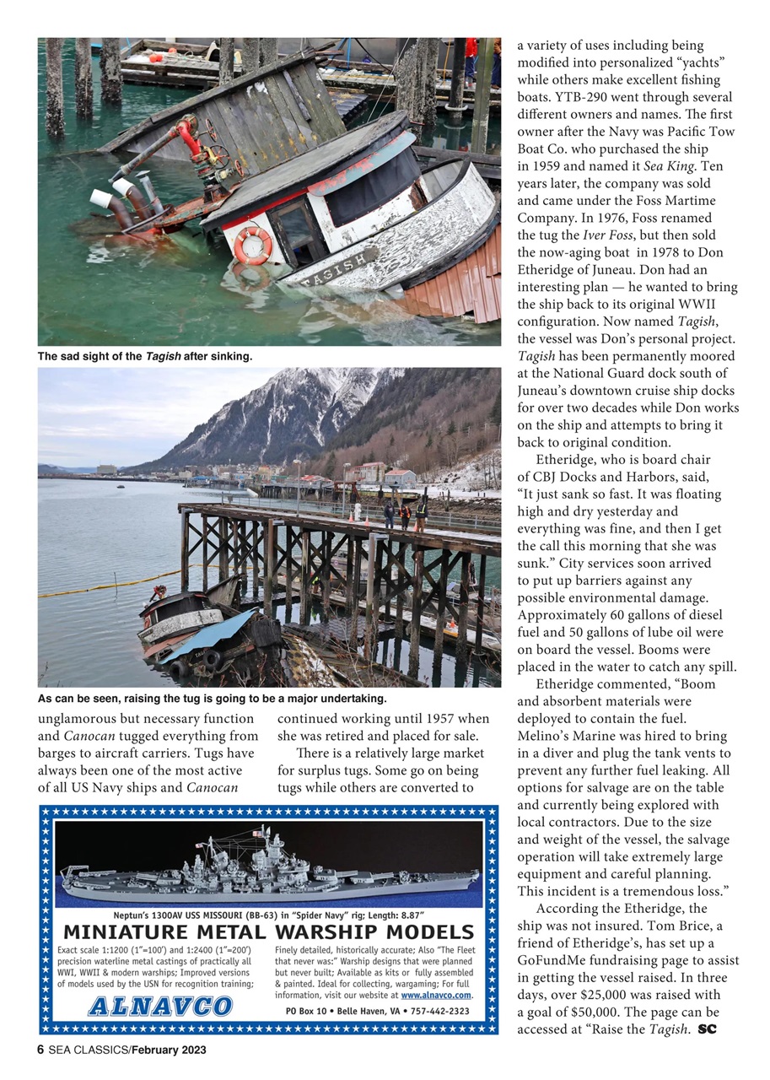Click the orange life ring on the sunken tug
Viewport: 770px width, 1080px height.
253,245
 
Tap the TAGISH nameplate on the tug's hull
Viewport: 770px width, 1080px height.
337,270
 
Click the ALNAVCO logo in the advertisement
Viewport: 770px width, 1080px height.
160,1006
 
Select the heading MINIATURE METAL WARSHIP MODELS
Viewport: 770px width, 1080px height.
268,932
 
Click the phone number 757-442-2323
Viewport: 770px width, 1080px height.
436,1011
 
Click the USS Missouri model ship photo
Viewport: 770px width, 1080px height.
268,865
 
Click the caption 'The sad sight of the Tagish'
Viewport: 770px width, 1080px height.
144,356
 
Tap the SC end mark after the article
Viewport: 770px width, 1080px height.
707,1029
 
